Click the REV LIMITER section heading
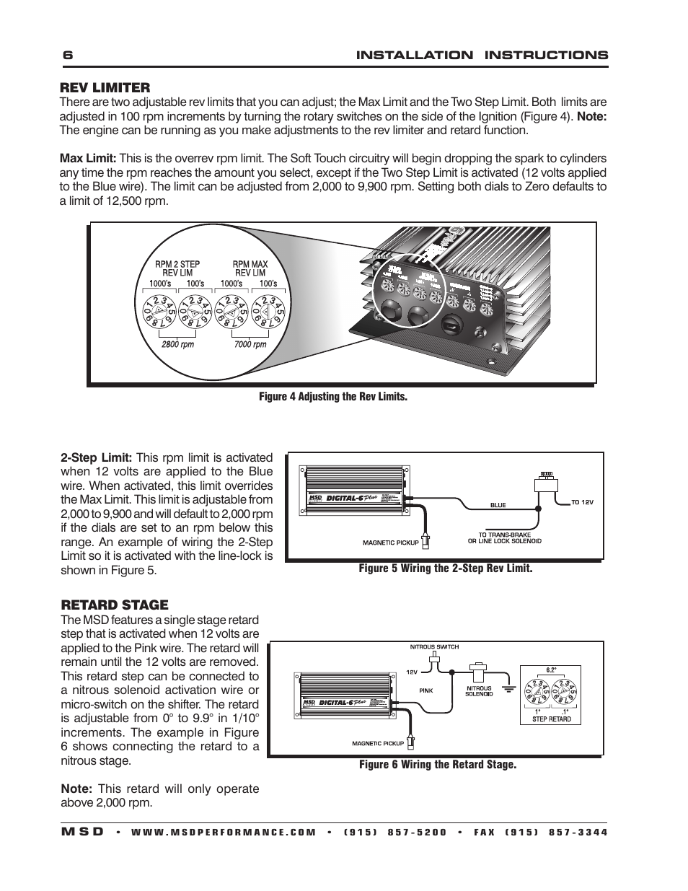[105, 88]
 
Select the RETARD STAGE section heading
[114, 605]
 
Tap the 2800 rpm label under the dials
[177, 344]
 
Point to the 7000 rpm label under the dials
[250, 344]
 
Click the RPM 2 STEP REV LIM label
[177, 268]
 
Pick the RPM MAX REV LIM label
[250, 268]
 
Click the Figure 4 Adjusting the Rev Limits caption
[333, 397]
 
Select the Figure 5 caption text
[446, 569]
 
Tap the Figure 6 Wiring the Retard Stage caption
[438, 765]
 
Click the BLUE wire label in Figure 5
[498, 505]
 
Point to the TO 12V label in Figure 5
[582, 502]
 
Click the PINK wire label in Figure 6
[426, 690]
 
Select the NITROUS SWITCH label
[434, 647]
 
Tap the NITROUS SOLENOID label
[478, 691]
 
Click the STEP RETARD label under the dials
[551, 719]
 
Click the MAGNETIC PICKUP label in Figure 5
[390, 543]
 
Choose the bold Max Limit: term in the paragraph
[87, 159]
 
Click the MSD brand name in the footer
[82, 832]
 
